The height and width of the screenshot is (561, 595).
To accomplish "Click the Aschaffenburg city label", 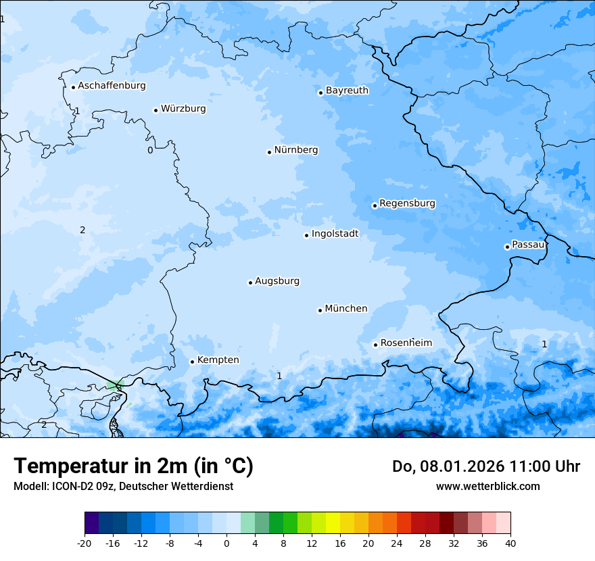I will pyautogui.click(x=112, y=86).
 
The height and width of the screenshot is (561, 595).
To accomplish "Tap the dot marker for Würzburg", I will pyautogui.click(x=156, y=110).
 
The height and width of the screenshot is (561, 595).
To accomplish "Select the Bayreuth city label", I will pyautogui.click(x=347, y=91).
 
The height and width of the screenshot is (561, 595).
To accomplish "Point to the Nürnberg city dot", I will pyautogui.click(x=269, y=152).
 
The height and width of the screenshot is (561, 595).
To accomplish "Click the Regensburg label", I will pyautogui.click(x=407, y=203).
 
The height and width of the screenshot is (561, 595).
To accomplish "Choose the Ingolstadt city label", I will pyautogui.click(x=335, y=234).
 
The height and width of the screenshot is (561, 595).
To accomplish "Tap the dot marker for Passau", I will pyautogui.click(x=507, y=247).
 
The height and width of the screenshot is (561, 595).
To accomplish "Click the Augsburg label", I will pyautogui.click(x=277, y=281).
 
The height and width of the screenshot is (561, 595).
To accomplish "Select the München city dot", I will pyautogui.click(x=320, y=310).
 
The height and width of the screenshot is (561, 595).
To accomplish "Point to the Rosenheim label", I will pyautogui.click(x=406, y=343).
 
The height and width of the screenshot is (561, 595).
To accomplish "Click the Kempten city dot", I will pyautogui.click(x=192, y=362).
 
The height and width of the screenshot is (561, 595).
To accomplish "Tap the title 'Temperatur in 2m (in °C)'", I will pyautogui.click(x=133, y=466).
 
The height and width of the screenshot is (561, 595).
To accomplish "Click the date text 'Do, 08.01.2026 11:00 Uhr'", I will pyautogui.click(x=485, y=466).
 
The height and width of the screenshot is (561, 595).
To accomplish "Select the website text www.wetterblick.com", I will pyautogui.click(x=487, y=486).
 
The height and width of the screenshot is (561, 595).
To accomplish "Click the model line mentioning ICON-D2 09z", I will pyautogui.click(x=123, y=486).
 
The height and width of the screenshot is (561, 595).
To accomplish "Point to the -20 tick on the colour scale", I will pyautogui.click(x=85, y=543).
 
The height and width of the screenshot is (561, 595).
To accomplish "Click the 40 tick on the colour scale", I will pyautogui.click(x=510, y=543).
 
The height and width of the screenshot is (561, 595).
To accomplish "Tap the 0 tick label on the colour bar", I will pyautogui.click(x=227, y=543).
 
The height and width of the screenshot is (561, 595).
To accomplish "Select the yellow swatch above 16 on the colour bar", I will pyautogui.click(x=333, y=523).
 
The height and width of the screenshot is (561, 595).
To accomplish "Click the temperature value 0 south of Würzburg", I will pyautogui.click(x=150, y=150).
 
